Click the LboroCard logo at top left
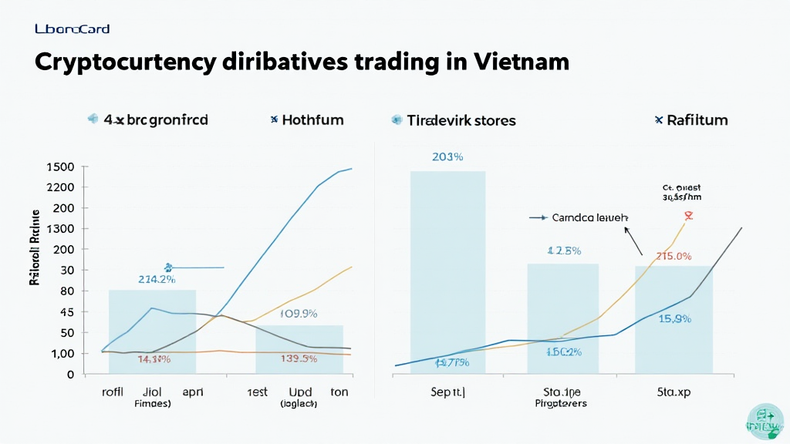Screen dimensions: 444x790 [73, 29]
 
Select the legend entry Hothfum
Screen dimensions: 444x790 [312, 119]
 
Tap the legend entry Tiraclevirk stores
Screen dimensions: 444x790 [461, 120]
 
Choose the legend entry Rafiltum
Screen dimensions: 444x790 [697, 119]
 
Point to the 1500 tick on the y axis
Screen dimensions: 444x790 [60, 167]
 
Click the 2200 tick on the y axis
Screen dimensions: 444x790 [60, 188]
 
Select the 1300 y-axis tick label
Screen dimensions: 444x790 [60, 229]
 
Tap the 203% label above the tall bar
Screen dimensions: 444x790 [447, 157]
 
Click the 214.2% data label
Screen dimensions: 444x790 [157, 280]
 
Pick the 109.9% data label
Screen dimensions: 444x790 [299, 314]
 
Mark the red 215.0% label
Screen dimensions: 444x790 [674, 256]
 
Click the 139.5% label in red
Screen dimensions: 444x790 [298, 358]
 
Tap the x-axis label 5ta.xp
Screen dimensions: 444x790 [674, 392]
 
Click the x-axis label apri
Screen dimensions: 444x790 [193, 392]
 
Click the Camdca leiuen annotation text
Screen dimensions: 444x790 [590, 218]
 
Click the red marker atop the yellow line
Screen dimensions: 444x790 [688, 216]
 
